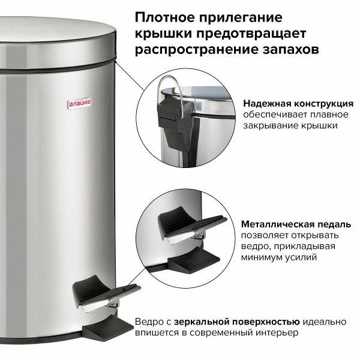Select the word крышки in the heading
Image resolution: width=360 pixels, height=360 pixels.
point(160,32)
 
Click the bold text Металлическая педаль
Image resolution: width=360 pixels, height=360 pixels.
point(288,223)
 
